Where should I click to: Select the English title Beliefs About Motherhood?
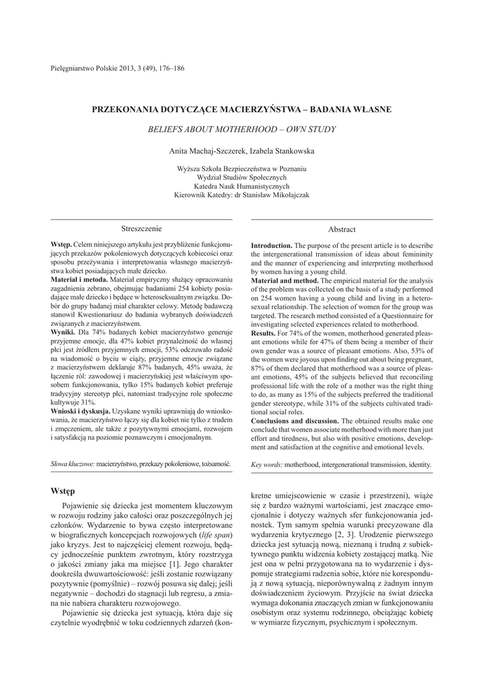241,129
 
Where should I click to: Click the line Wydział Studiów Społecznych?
241,178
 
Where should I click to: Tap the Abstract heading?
342,229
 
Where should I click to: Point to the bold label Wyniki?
64,331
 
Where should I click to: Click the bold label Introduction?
271,246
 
